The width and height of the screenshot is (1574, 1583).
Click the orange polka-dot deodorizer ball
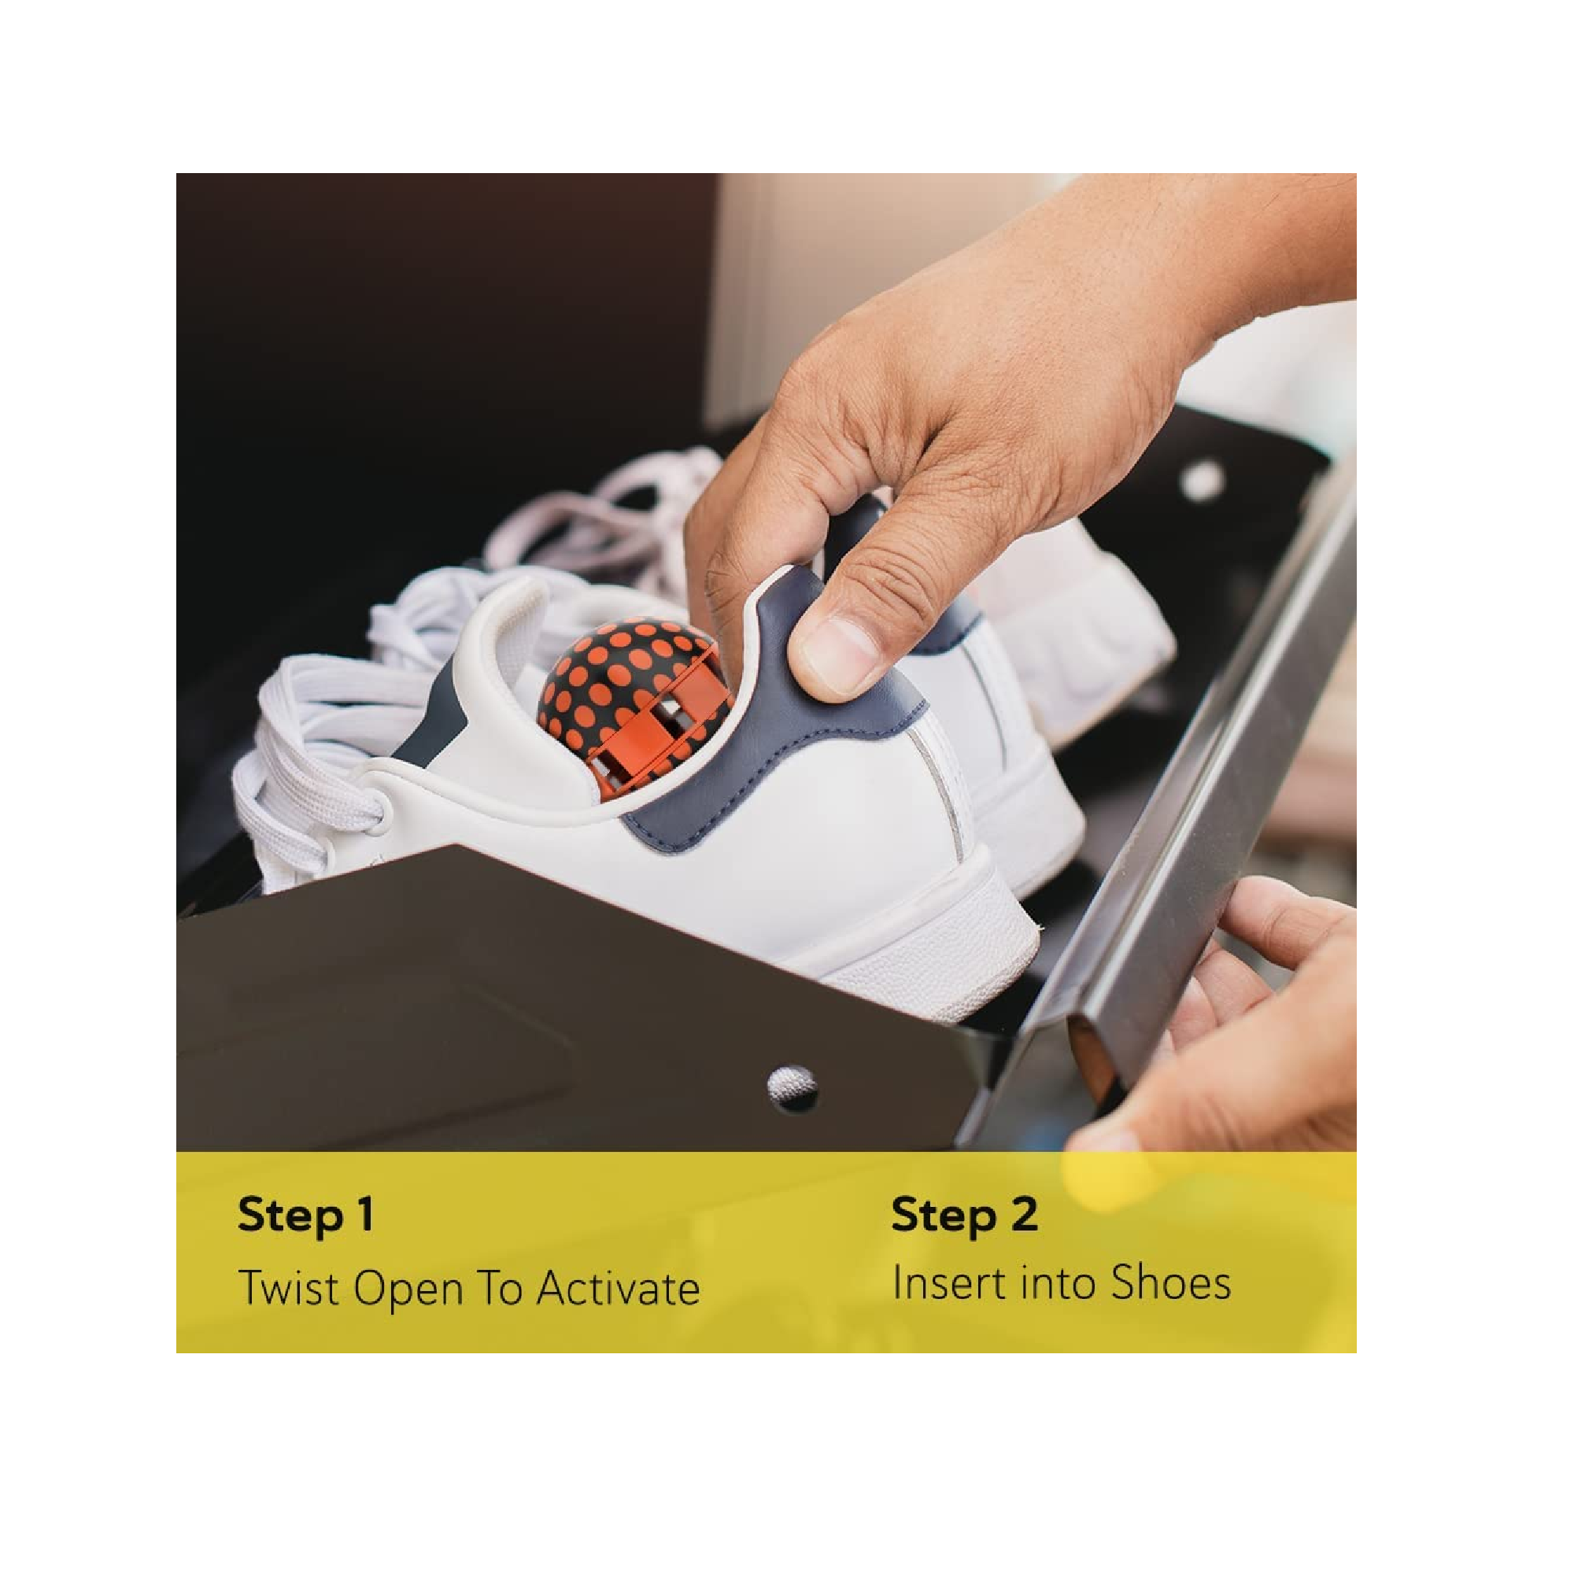635,710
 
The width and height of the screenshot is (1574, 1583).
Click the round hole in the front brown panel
792,1088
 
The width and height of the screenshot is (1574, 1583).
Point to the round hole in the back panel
1202,481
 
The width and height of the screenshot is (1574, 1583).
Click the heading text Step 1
306,1215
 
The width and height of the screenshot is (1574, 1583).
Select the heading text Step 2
964,1215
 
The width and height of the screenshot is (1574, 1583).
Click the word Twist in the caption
289,1288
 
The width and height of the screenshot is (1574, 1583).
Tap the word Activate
619,1288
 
